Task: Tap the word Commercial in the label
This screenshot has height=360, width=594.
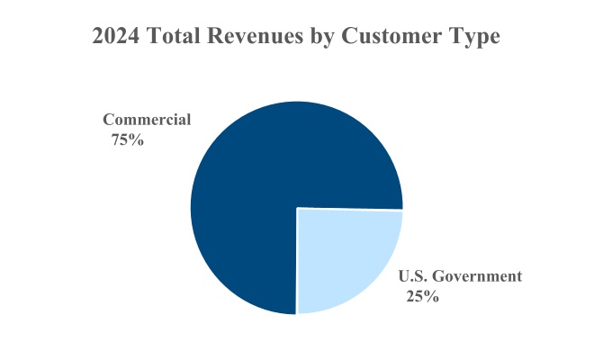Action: point(147,120)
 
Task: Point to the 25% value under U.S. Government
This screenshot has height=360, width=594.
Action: point(421,297)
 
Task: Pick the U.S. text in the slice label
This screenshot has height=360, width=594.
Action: point(411,276)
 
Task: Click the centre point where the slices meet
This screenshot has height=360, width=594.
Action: point(297,209)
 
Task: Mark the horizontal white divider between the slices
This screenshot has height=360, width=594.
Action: point(351,210)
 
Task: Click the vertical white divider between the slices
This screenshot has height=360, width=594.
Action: point(297,261)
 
